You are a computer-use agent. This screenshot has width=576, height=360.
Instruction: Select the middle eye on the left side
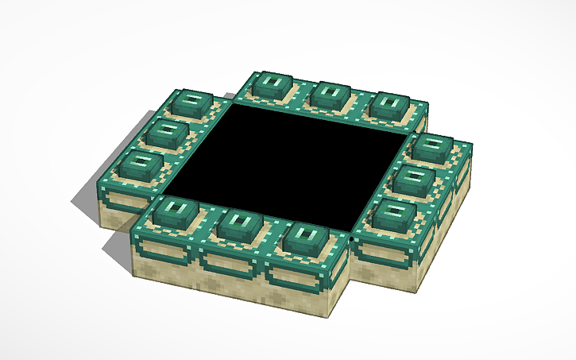click(168, 131)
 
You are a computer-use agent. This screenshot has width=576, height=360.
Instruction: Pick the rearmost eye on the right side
click(434, 147)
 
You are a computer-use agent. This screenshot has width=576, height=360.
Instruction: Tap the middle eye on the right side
click(414, 180)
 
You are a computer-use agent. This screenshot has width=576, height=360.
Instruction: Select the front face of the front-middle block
click(230, 274)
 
